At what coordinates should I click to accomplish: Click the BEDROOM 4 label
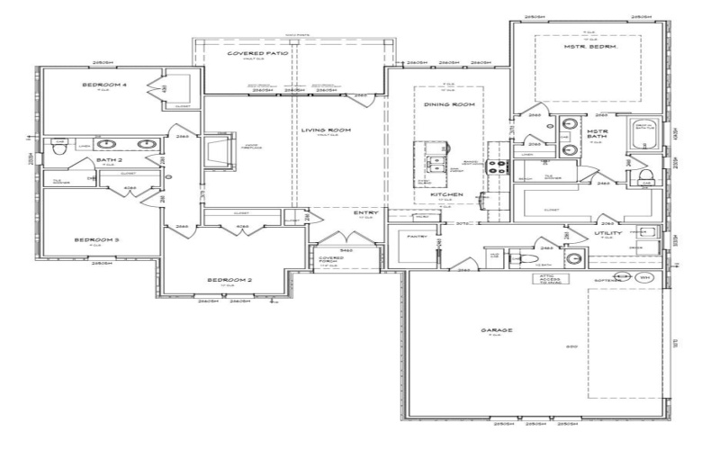[104, 85]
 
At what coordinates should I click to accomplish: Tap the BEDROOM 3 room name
[96, 240]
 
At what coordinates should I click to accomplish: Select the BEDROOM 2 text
[229, 280]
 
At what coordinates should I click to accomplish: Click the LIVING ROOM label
[325, 130]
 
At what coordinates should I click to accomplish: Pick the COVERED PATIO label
[257, 54]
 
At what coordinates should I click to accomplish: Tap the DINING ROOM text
[448, 105]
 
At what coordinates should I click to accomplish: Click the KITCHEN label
[446, 194]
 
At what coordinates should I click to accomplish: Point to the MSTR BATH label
[598, 136]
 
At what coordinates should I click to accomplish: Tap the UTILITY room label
[608, 232]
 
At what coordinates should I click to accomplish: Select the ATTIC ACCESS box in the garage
[550, 279]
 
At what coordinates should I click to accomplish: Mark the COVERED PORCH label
[332, 260]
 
